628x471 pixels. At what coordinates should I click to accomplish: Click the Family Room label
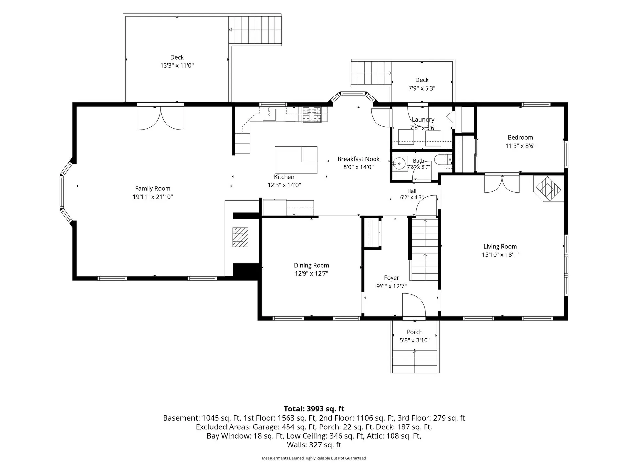(153, 188)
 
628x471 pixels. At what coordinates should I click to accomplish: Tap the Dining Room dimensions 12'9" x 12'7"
(311, 273)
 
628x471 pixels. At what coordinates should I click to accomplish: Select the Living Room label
(500, 246)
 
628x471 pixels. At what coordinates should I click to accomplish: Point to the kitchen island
(296, 160)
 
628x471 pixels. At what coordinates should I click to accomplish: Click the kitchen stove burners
(312, 115)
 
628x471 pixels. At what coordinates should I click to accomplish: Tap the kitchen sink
(269, 114)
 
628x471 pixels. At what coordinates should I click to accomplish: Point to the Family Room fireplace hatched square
(240, 237)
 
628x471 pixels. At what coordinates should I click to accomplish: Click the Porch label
(414, 332)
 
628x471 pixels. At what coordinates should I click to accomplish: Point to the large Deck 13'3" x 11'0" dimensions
(177, 65)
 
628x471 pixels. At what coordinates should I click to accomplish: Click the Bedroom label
(520, 137)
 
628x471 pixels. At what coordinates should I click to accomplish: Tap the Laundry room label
(423, 120)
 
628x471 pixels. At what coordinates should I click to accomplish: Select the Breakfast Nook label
(358, 159)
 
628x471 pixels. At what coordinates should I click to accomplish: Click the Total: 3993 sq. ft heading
(314, 409)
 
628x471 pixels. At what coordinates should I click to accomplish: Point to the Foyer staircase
(424, 250)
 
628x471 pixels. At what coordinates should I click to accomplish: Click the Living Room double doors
(502, 184)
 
